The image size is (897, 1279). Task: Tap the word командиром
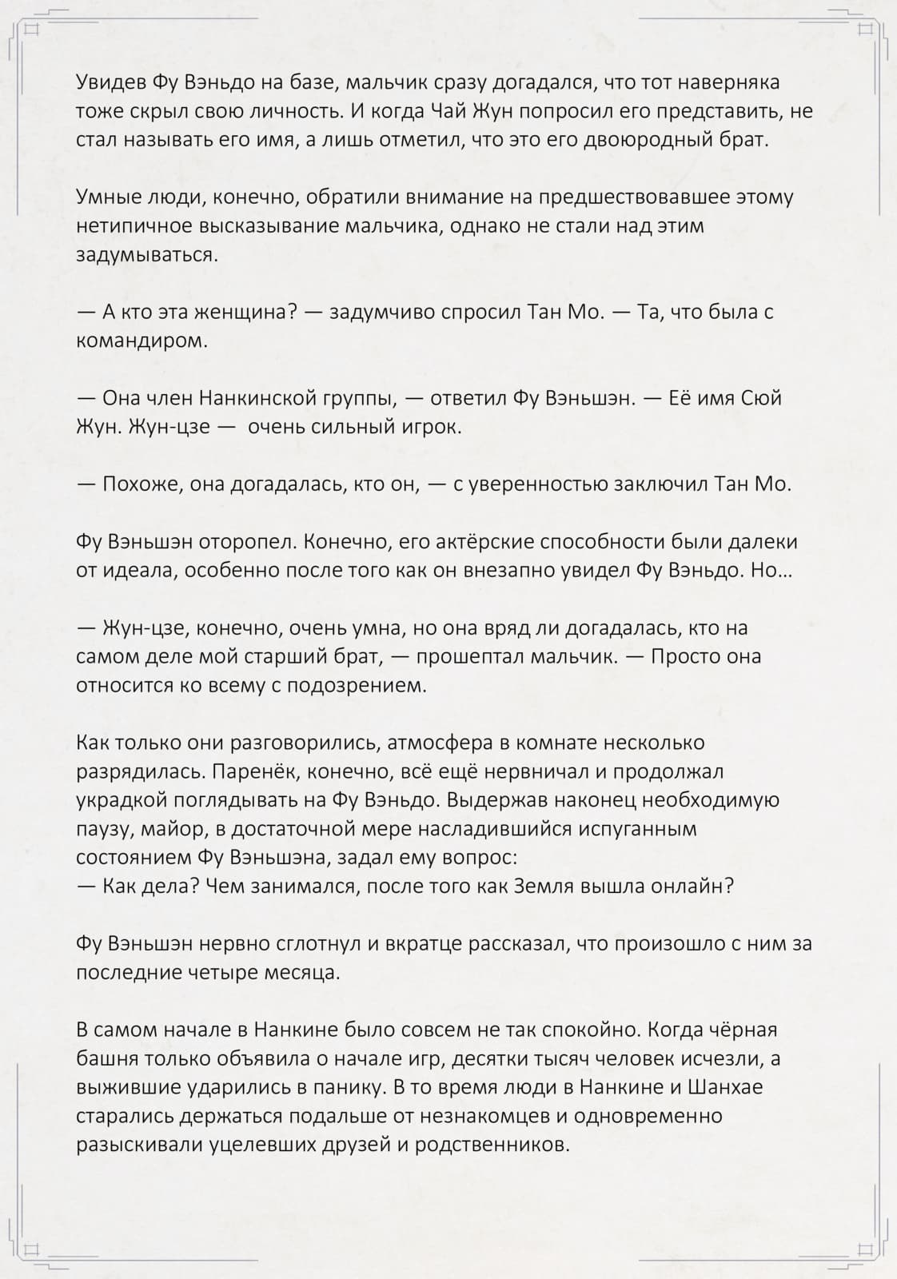point(141,341)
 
